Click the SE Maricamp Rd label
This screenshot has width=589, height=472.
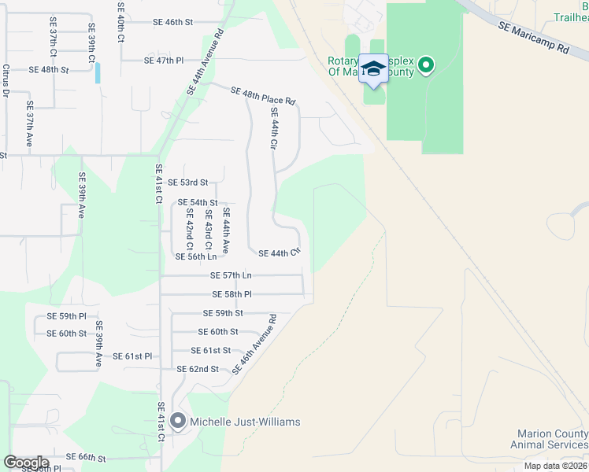(533, 37)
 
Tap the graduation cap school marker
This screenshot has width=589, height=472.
(373, 68)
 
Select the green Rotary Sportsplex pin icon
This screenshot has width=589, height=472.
(426, 65)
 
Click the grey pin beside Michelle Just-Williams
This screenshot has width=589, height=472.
(178, 422)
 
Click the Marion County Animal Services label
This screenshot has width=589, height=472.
(552, 439)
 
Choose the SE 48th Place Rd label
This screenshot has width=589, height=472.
(263, 96)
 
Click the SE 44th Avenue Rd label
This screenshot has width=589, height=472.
(205, 63)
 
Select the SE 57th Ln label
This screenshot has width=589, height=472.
(231, 275)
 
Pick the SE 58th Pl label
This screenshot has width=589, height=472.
(232, 294)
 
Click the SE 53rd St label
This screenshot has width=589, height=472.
(187, 183)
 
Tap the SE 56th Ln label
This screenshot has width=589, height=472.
(195, 256)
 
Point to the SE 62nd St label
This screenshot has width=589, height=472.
(198, 369)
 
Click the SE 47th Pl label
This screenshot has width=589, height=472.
(164, 60)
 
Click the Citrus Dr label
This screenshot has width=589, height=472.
(6, 82)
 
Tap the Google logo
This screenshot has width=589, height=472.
(27, 462)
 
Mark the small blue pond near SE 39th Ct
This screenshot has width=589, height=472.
(98, 72)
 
